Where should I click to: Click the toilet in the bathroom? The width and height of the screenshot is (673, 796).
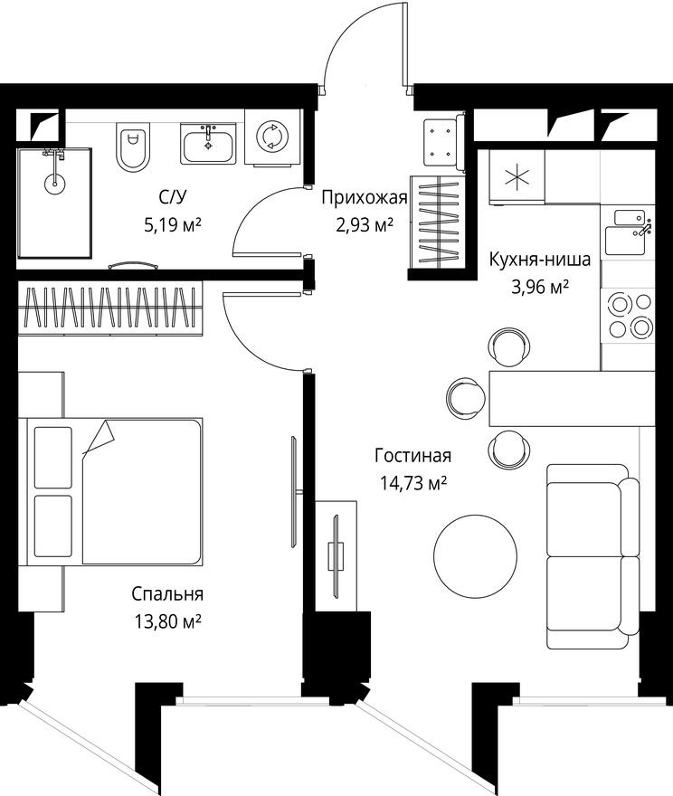click(x=132, y=147)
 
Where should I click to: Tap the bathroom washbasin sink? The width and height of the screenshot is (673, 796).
click(x=209, y=145)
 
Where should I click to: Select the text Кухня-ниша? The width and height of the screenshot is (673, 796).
click(x=540, y=261)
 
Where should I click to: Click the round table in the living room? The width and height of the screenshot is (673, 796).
click(x=476, y=554)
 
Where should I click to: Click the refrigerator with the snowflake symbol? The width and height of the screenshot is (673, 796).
click(x=517, y=177)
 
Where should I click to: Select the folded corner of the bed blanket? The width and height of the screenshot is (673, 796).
click(x=99, y=439)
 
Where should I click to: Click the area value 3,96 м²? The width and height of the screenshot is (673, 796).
click(x=540, y=286)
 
